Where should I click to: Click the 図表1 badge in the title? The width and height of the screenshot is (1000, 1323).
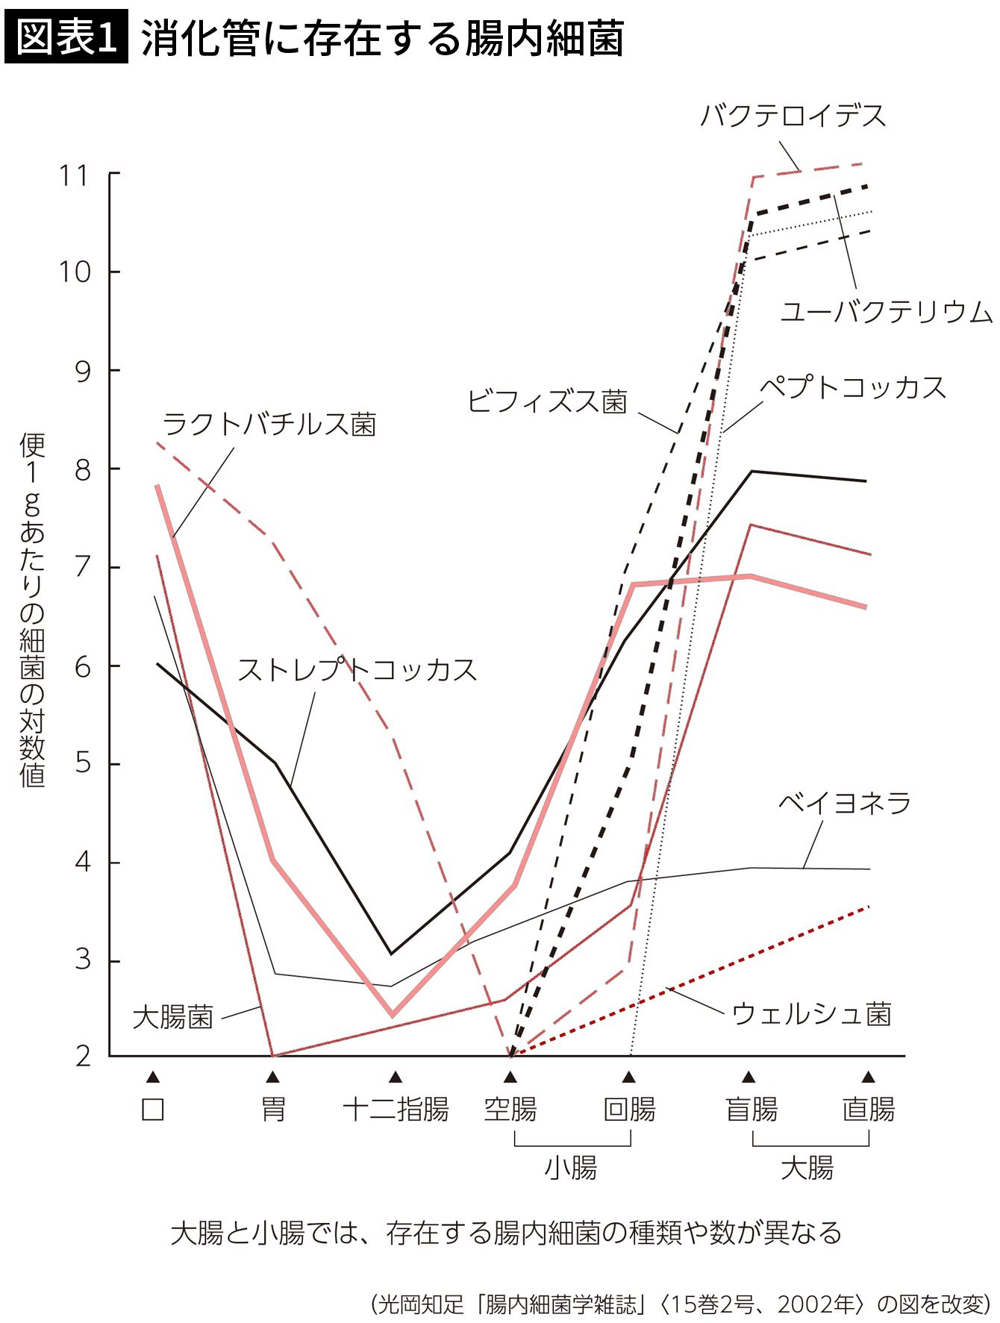(66, 38)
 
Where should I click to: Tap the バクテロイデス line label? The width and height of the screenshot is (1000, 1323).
(793, 116)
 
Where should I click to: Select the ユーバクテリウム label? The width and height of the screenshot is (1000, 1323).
(886, 311)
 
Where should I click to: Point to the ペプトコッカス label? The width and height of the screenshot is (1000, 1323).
(853, 388)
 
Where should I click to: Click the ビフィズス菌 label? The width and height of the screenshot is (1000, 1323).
(547, 401)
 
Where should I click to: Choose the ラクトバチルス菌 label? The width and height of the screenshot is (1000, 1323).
(269, 424)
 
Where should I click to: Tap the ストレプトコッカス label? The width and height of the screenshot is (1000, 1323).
(357, 669)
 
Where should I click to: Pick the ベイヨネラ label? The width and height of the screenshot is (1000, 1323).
(845, 803)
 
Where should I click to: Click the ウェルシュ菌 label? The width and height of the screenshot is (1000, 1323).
(812, 1014)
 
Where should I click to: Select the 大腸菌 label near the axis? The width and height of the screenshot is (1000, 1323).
(173, 1016)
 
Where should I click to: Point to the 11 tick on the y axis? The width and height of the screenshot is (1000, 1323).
(74, 176)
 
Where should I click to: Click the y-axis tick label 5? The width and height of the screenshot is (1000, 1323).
(83, 764)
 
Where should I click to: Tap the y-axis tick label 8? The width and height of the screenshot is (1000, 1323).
(83, 470)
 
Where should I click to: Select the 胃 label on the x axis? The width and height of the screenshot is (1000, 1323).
(273, 1110)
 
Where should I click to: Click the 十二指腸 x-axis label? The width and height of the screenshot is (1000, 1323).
(396, 1110)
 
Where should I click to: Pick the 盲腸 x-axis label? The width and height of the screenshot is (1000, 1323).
(751, 1110)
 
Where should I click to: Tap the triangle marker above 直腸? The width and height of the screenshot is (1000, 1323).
(868, 1077)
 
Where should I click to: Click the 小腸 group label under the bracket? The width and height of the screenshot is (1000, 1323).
(571, 1168)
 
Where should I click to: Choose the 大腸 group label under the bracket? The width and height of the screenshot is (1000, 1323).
(807, 1168)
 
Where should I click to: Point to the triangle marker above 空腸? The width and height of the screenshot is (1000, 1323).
(510, 1077)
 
